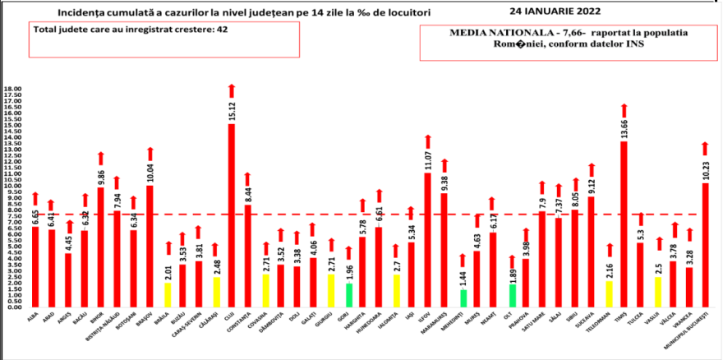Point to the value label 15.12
click(232, 109)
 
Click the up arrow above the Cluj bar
click(232, 90)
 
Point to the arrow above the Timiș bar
click(624, 110)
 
